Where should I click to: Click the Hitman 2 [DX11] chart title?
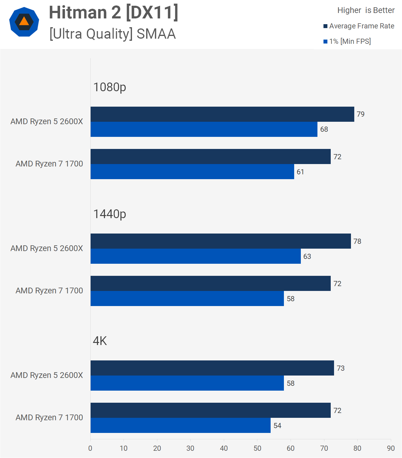[x=114, y=13]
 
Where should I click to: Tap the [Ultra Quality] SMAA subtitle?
[x=112, y=34]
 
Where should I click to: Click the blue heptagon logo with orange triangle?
[x=24, y=22]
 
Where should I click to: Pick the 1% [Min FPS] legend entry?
[x=347, y=41]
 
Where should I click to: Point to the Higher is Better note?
[x=366, y=10]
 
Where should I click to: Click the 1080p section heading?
[x=110, y=87]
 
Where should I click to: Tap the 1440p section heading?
[x=110, y=214]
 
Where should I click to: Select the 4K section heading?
[x=100, y=341]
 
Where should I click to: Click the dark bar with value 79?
[x=222, y=114]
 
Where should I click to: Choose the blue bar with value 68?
[x=204, y=129]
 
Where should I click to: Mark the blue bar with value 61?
[x=192, y=172]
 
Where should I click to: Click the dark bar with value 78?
[x=221, y=241]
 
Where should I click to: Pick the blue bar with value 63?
[x=196, y=256]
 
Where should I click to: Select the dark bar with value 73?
[x=212, y=368]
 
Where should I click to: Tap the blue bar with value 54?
[x=181, y=425]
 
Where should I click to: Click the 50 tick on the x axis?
[x=257, y=448]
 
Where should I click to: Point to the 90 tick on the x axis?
[x=391, y=448]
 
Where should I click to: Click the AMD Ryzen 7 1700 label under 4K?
[x=49, y=418]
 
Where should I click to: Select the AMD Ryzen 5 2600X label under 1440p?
[x=47, y=248]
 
